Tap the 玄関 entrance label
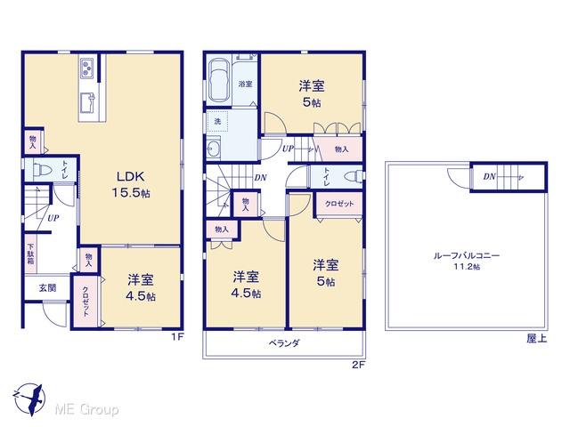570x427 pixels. pyautogui.click(x=46, y=288)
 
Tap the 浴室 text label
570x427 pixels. pyautogui.click(x=246, y=84)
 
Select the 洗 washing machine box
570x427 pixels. pyautogui.click(x=216, y=119)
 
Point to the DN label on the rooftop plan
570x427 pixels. pyautogui.click(x=489, y=177)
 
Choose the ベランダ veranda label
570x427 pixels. pyautogui.click(x=283, y=342)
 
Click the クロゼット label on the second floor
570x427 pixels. pyautogui.click(x=339, y=204)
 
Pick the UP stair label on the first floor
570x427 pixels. pyautogui.click(x=53, y=217)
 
